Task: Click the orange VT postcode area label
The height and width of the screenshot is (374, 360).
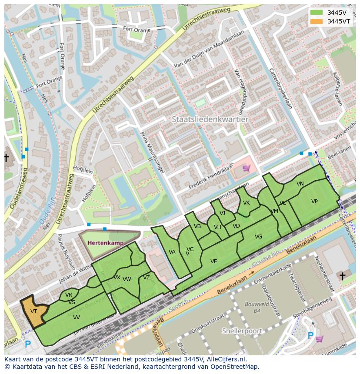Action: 33,311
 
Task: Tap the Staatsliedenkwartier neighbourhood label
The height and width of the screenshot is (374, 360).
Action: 210,119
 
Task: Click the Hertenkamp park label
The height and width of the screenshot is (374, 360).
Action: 105,243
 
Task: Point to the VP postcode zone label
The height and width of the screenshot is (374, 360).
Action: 314,201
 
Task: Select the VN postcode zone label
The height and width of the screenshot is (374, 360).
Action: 300,184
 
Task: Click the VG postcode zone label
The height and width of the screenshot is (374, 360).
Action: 258,237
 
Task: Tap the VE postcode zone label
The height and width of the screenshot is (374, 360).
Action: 213,261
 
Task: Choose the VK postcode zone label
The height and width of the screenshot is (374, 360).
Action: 247,203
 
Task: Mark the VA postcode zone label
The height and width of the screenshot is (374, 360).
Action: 172,252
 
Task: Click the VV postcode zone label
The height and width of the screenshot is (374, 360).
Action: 76,318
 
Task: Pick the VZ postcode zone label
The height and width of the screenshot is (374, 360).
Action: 146,278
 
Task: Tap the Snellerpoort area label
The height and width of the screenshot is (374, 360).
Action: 242,331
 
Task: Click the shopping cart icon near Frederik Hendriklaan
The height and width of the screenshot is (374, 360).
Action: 247,168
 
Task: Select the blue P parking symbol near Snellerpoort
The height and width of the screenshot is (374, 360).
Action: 310,335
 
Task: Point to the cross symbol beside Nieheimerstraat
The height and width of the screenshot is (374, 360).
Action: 342,276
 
